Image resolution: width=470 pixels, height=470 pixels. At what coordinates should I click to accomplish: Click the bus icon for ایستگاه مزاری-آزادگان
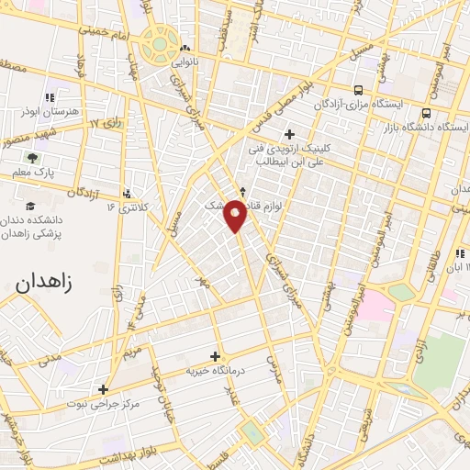coord(357,90)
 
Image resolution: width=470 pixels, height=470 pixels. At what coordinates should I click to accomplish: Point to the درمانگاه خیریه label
coord(218,371)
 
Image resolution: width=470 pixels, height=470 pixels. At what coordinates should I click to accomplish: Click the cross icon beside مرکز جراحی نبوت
coord(104,389)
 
